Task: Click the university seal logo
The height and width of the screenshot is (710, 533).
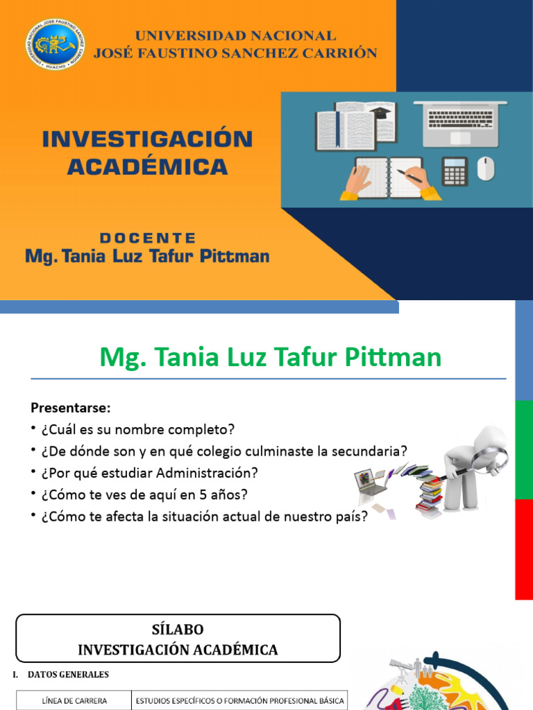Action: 56,44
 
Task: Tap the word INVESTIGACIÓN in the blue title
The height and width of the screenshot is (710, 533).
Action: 146,139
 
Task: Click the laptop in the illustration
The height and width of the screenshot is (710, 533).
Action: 459,123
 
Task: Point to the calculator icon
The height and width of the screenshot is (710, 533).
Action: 455,171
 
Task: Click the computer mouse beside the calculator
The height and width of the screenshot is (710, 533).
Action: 486,168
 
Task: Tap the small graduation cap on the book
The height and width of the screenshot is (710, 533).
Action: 380,113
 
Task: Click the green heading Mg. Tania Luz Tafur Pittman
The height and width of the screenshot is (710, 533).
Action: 271,357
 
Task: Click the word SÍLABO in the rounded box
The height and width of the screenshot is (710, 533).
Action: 178,630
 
